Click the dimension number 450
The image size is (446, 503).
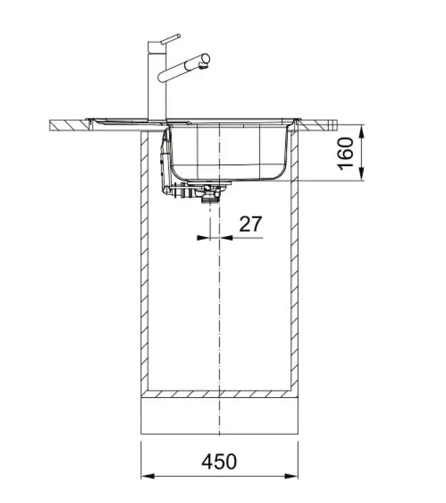pyautogui.click(x=219, y=461)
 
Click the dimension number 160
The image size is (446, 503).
pyautogui.click(x=345, y=154)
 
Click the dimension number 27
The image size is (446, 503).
pyautogui.click(x=251, y=223)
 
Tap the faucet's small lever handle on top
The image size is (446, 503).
pyautogui.click(x=170, y=39)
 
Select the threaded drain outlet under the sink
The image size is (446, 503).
pyautogui.click(x=210, y=200)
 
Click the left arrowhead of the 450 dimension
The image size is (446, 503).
pyautogui.click(x=148, y=476)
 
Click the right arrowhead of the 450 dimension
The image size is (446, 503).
pyautogui.click(x=291, y=476)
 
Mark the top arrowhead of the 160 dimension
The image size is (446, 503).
pyautogui.click(x=362, y=132)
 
